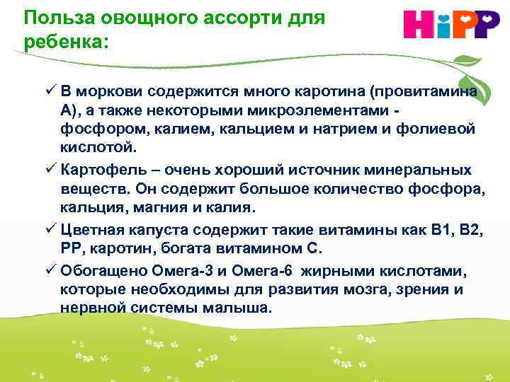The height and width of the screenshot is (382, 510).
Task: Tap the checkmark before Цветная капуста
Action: [x=50, y=229]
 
